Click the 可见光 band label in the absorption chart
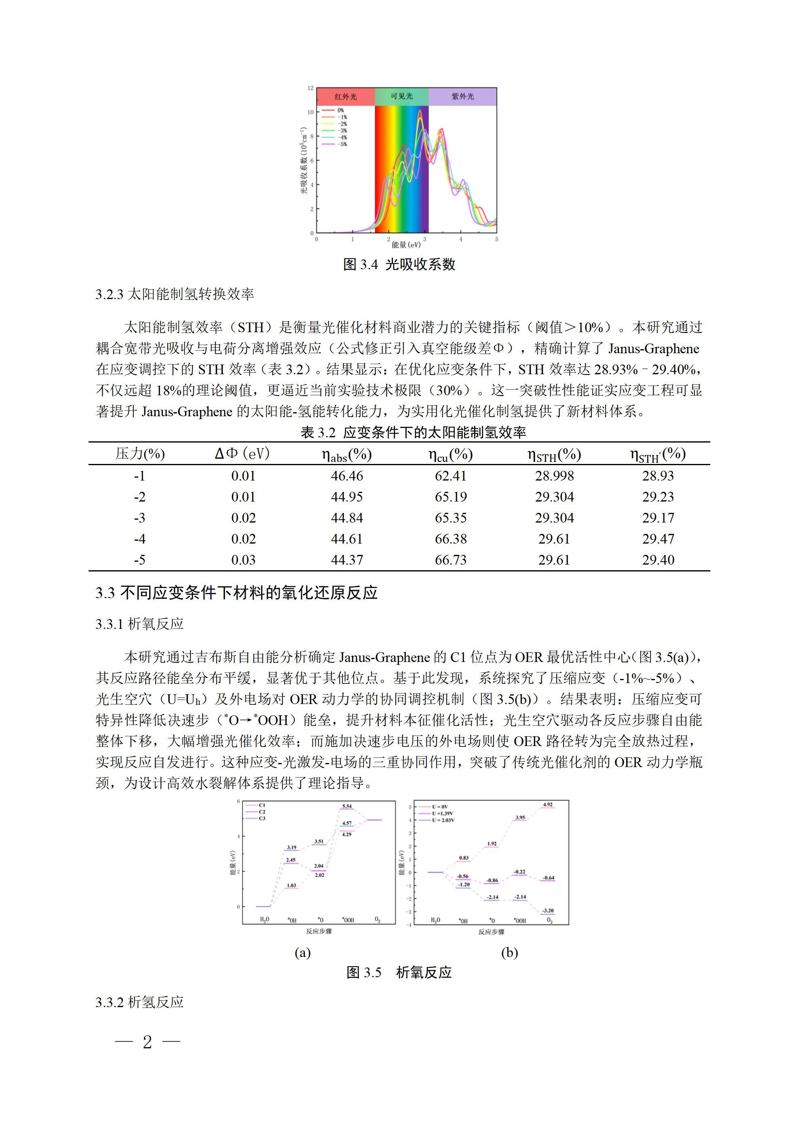tap(401, 96)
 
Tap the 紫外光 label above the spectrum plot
tap(462, 96)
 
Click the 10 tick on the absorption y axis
tap(310, 112)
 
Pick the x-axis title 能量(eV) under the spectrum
tap(406, 245)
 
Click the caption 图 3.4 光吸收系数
tap(399, 264)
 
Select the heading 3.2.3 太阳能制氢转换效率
tap(175, 294)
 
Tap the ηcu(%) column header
tap(450, 454)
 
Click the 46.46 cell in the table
tap(347, 476)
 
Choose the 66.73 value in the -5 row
tap(451, 560)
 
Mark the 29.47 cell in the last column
tap(658, 539)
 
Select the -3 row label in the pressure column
tap(140, 518)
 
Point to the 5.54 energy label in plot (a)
tap(347, 807)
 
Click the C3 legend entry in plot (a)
tap(262, 818)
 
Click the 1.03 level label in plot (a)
tap(291, 885)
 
